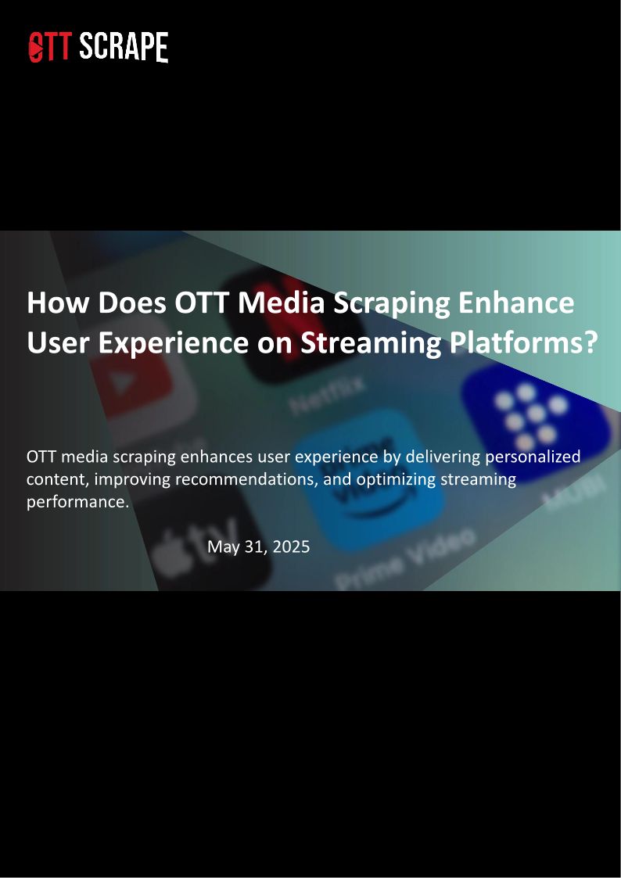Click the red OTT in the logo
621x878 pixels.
[x=49, y=46]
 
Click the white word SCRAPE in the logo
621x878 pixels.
[x=124, y=46]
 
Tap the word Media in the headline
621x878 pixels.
[x=281, y=303]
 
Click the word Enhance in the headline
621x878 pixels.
[x=516, y=303]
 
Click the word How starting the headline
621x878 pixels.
[x=58, y=303]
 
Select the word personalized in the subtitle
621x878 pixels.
[x=533, y=457]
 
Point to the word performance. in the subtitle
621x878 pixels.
[x=78, y=502]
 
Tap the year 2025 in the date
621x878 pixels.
[x=291, y=547]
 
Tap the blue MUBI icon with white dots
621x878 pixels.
[x=532, y=417]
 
